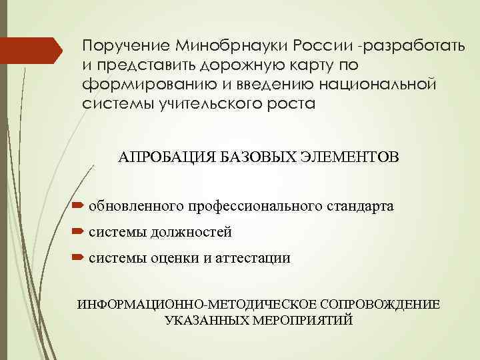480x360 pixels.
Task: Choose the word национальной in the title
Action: pyautogui.click(x=375, y=86)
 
